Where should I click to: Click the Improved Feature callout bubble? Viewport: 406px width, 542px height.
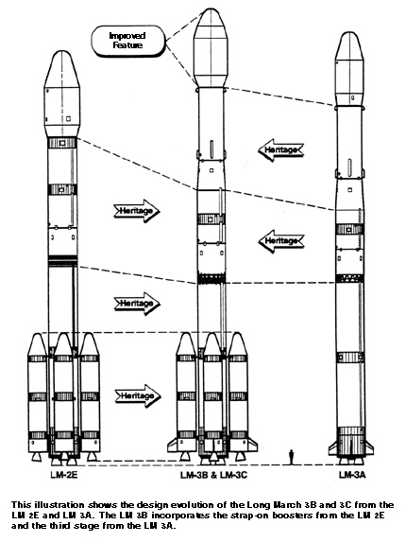pyautogui.click(x=128, y=41)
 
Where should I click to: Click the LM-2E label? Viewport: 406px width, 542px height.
pyautogui.click(x=64, y=475)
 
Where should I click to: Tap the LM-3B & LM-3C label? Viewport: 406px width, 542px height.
pyautogui.click(x=214, y=475)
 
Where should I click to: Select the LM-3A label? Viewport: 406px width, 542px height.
pyautogui.click(x=351, y=475)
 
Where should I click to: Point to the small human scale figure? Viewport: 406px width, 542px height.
pyautogui.click(x=292, y=456)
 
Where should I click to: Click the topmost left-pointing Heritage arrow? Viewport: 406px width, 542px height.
pyautogui.click(x=280, y=150)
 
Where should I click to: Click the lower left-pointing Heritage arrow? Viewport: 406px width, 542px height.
pyautogui.click(x=280, y=241)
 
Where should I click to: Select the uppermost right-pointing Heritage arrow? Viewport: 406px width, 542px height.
pyautogui.click(x=137, y=211)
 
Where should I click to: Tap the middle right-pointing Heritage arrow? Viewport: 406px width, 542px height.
pyautogui.click(x=137, y=304)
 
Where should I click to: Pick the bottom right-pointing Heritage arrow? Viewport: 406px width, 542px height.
pyautogui.click(x=138, y=395)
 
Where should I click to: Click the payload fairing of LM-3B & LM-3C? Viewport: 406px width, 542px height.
pyautogui.click(x=211, y=47)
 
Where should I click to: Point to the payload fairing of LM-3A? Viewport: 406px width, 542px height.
pyautogui.click(x=349, y=69)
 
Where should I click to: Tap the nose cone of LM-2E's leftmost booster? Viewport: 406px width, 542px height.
pyautogui.click(x=37, y=344)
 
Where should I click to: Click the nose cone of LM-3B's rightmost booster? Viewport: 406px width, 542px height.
pyautogui.click(x=238, y=344)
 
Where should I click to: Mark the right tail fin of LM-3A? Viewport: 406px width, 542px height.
pyautogui.click(x=367, y=447)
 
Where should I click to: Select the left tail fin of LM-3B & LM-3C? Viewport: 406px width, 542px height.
pyautogui.click(x=173, y=445)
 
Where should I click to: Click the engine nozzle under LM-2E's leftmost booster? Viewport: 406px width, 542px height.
pyautogui.click(x=36, y=456)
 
